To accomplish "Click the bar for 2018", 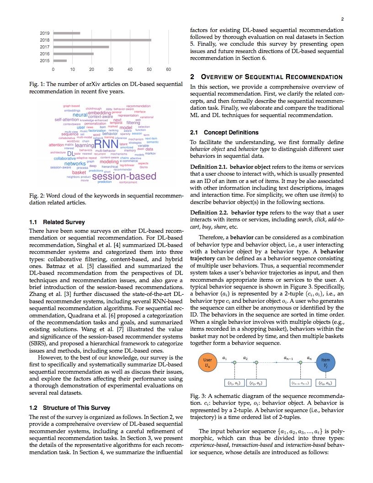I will [x=102, y=40].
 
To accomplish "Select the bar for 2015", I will [x=60, y=61].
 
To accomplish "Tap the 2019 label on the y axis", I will [x=45, y=33].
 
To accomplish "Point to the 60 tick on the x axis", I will [x=168, y=70].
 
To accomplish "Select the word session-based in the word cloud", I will [x=124, y=176].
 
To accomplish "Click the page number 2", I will [x=342, y=19].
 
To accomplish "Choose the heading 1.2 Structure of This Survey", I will [x=69, y=408].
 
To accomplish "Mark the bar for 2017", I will [x=81, y=47].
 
